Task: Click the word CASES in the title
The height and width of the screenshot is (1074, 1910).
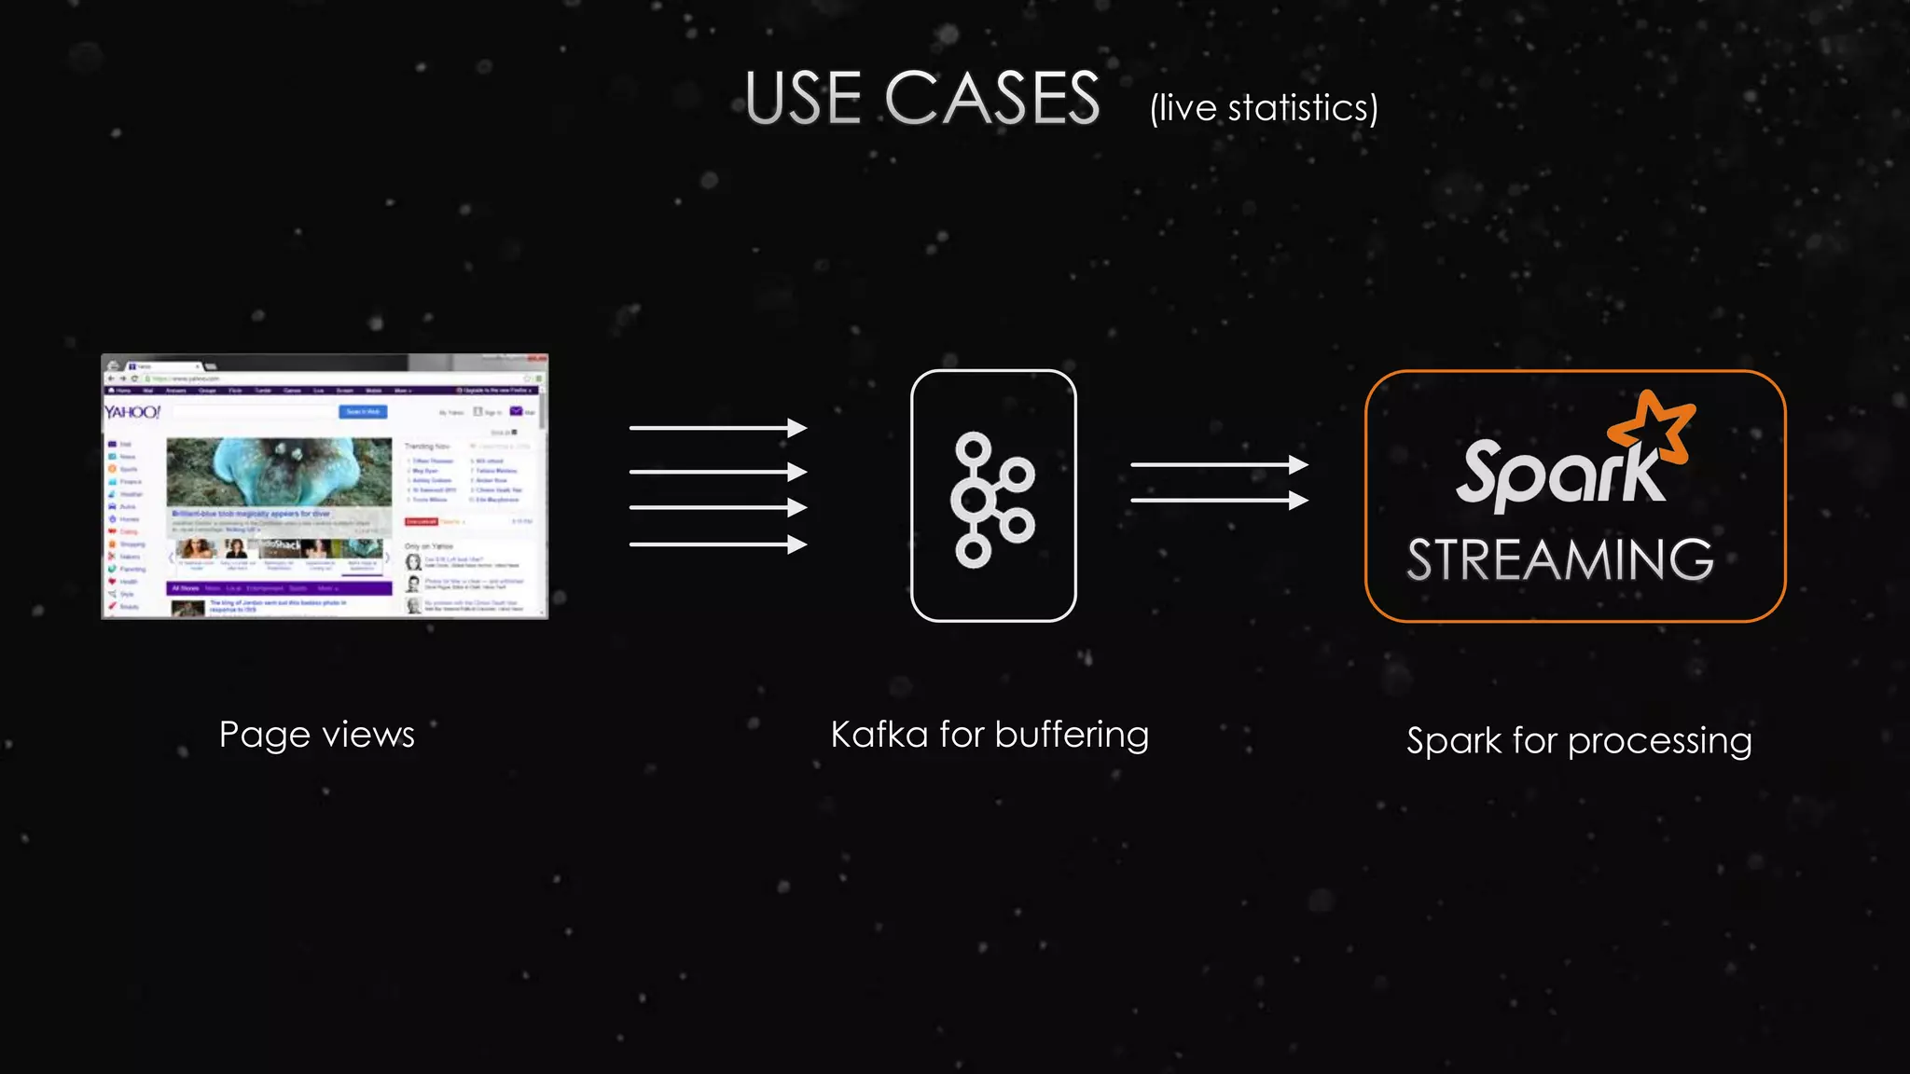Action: [992, 99]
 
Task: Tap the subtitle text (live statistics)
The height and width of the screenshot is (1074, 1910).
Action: [1264, 108]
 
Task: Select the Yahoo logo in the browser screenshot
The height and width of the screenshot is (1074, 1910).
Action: [131, 412]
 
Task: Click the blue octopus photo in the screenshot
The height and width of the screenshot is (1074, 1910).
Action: [279, 472]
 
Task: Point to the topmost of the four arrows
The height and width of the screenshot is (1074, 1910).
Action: [717, 428]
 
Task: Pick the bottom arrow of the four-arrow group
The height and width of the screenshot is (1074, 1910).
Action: [717, 544]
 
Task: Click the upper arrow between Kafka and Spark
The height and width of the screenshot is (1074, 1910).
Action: [1218, 464]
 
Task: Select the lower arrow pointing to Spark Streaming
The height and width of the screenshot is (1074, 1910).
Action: [1218, 501]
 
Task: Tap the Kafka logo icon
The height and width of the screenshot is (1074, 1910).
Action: [992, 499]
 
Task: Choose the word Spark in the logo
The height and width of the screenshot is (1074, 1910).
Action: [1559, 474]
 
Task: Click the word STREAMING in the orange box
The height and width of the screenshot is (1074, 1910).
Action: [1559, 559]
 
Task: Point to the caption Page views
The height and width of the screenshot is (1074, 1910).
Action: [317, 735]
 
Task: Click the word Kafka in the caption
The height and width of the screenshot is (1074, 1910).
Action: [879, 735]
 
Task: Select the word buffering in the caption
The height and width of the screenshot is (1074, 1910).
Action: [1072, 735]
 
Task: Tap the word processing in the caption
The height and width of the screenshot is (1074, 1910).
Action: [1659, 742]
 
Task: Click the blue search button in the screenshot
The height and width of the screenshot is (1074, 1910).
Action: [362, 412]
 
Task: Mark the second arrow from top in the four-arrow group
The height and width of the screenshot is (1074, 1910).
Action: [717, 472]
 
